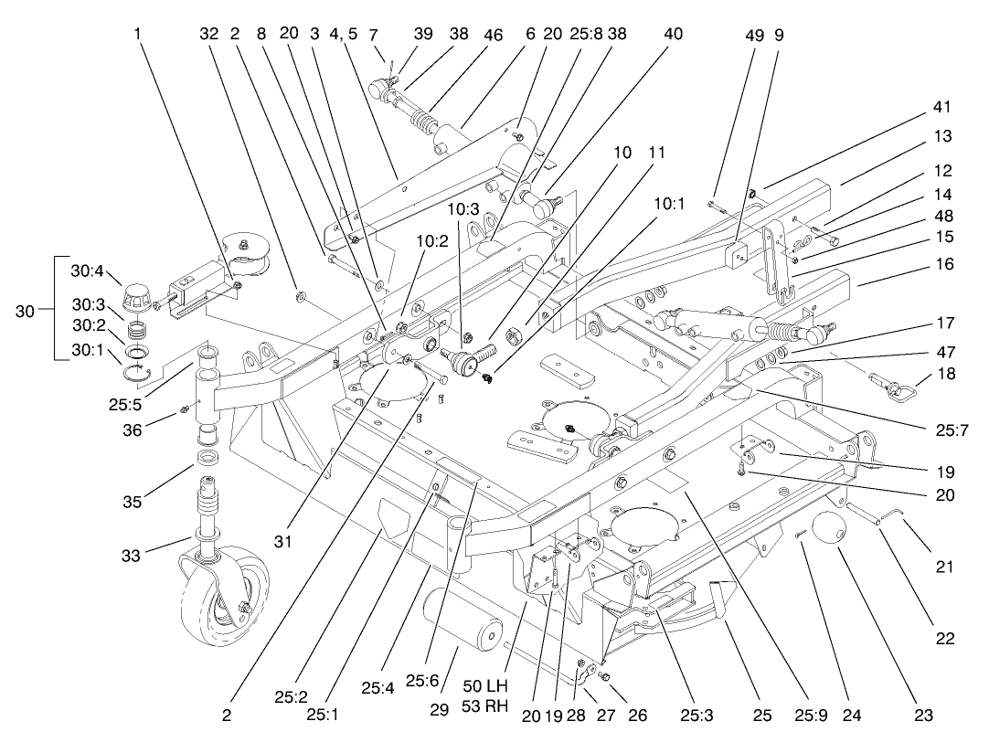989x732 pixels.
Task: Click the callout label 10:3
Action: pos(463,208)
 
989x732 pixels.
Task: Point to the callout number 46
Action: pos(494,36)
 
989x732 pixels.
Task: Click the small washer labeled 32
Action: pos(300,297)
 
